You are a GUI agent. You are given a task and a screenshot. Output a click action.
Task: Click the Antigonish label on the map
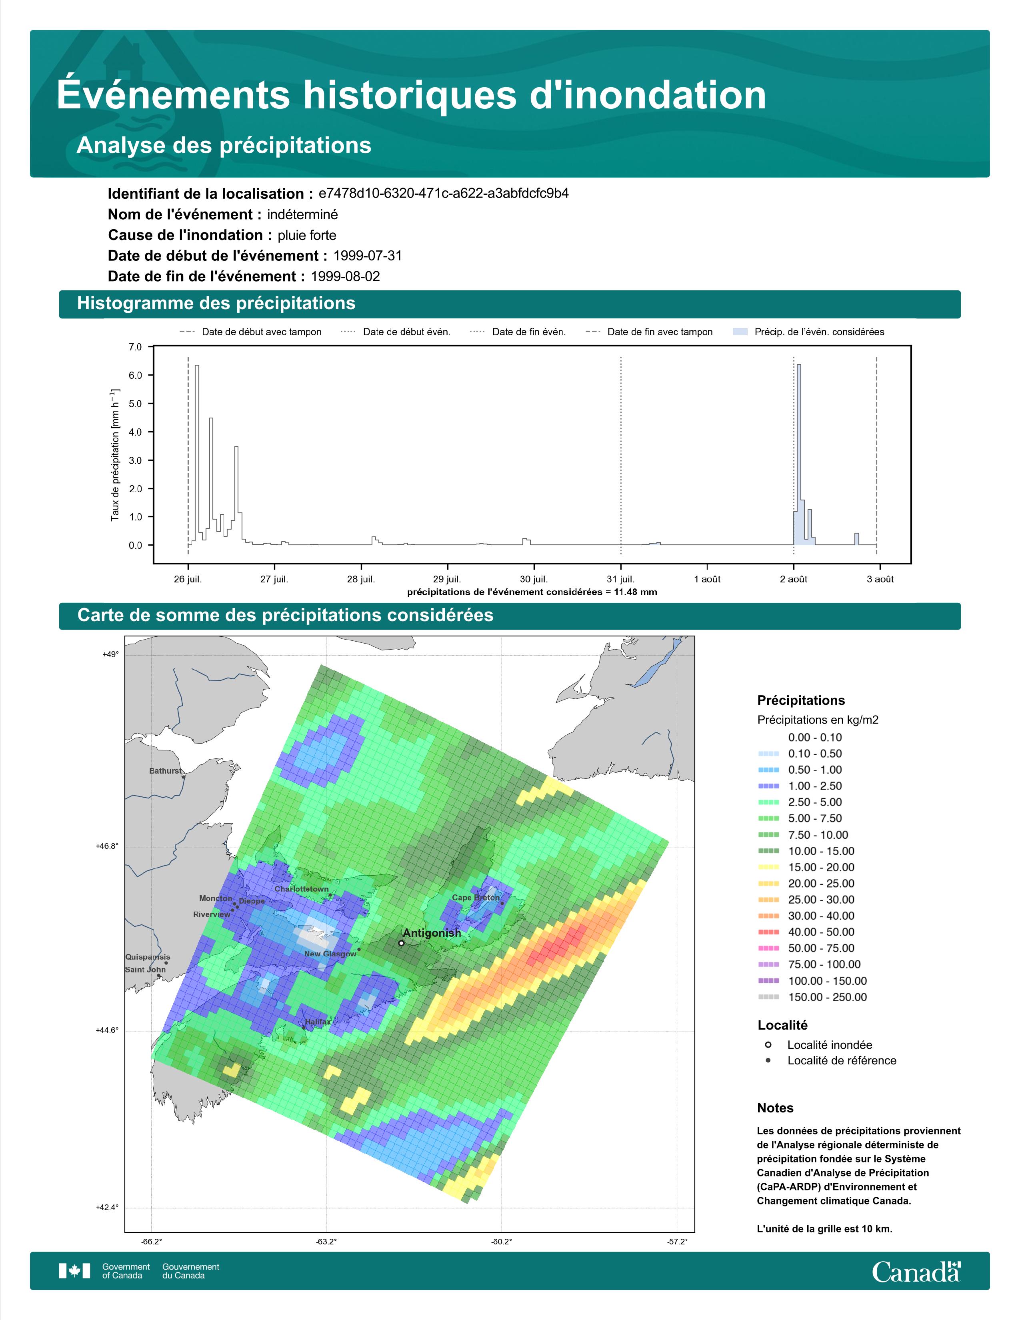pyautogui.click(x=432, y=933)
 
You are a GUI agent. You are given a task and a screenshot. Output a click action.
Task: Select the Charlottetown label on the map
pyautogui.click(x=302, y=889)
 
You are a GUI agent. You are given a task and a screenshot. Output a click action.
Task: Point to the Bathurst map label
pyautogui.click(x=165, y=771)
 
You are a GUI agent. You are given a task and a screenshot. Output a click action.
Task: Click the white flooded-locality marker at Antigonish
pyautogui.click(x=401, y=943)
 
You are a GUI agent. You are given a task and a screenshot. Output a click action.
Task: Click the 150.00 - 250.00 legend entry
pyautogui.click(x=827, y=997)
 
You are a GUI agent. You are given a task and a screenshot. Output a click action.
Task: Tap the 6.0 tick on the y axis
pyautogui.click(x=135, y=375)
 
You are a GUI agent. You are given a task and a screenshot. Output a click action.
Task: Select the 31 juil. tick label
pyautogui.click(x=620, y=579)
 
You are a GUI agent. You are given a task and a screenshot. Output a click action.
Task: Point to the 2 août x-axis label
pyautogui.click(x=794, y=579)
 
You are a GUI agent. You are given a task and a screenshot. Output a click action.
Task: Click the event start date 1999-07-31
pyautogui.click(x=367, y=256)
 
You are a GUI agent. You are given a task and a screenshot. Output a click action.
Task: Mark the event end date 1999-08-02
pyautogui.click(x=345, y=276)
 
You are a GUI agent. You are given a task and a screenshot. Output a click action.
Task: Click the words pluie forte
pyautogui.click(x=307, y=235)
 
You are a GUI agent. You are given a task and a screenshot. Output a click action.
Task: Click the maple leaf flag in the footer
pyautogui.click(x=74, y=1271)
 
